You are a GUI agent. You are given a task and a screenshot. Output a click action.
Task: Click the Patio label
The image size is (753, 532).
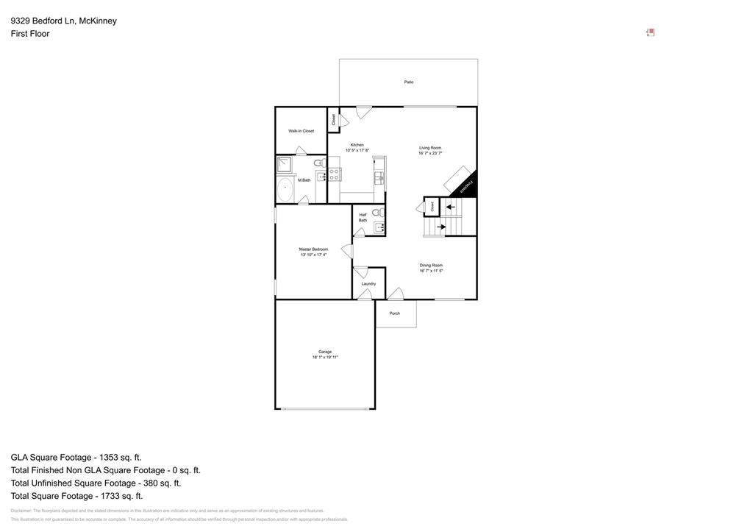(x=408, y=82)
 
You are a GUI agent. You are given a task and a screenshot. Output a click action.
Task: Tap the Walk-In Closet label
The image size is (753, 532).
(x=301, y=131)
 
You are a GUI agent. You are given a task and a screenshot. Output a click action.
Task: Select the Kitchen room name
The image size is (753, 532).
(x=357, y=145)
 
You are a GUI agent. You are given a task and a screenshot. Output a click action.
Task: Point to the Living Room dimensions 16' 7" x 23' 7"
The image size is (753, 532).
(x=430, y=154)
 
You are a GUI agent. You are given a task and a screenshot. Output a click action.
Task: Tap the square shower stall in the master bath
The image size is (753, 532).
(x=285, y=164)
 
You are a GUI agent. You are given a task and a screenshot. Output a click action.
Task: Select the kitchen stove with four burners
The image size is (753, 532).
(x=335, y=174)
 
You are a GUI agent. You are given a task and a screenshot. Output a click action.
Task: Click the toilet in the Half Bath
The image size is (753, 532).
(x=377, y=213)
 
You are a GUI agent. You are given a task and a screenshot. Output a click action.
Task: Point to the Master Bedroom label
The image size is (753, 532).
(x=313, y=249)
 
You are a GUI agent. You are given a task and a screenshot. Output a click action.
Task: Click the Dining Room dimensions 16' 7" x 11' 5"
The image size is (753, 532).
(x=431, y=271)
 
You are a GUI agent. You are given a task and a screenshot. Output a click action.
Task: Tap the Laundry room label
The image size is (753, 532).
(x=368, y=284)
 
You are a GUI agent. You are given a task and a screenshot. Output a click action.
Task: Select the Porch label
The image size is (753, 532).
(x=395, y=313)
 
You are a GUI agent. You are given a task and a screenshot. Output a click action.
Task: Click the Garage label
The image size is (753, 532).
(x=325, y=352)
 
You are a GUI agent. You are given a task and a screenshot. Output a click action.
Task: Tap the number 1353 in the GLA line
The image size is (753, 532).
(x=107, y=458)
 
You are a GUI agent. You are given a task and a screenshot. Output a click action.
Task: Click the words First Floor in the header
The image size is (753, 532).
(x=30, y=34)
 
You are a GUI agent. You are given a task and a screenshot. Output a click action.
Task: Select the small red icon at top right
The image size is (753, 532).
(x=650, y=32)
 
